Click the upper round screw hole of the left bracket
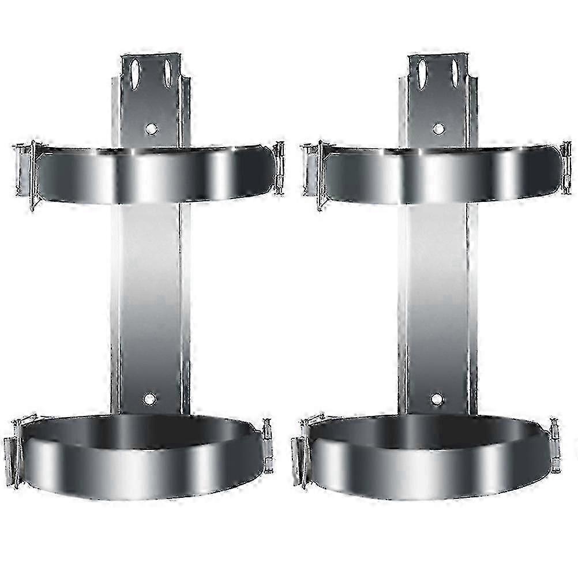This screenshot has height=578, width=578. point(151,129)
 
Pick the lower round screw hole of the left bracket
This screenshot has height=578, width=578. point(149,398)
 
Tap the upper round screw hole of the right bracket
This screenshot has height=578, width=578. point(438,129)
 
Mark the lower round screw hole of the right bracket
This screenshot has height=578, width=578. point(437,398)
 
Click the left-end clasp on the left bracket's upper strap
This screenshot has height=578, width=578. point(27,171)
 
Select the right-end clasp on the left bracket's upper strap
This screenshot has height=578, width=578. point(279,167)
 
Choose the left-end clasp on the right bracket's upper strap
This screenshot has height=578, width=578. point(313,171)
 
